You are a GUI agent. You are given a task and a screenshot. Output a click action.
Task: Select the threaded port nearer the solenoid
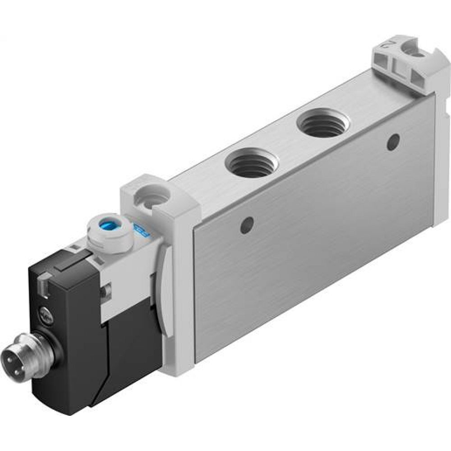pyautogui.click(x=251, y=162)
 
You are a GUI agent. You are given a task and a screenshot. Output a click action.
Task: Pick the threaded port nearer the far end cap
pyautogui.click(x=323, y=122)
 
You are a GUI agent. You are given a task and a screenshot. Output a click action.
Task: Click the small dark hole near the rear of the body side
pyautogui.click(x=393, y=142)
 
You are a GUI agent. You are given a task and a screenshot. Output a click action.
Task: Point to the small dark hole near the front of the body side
pyautogui.click(x=246, y=225)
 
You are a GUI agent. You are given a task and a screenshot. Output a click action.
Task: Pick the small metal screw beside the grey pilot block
pyautogui.click(x=106, y=292)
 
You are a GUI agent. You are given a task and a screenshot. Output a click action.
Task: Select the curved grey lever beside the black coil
pyautogui.click(x=164, y=307)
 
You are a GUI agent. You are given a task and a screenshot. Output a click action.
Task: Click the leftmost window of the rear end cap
pyautogui.click(x=381, y=63)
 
